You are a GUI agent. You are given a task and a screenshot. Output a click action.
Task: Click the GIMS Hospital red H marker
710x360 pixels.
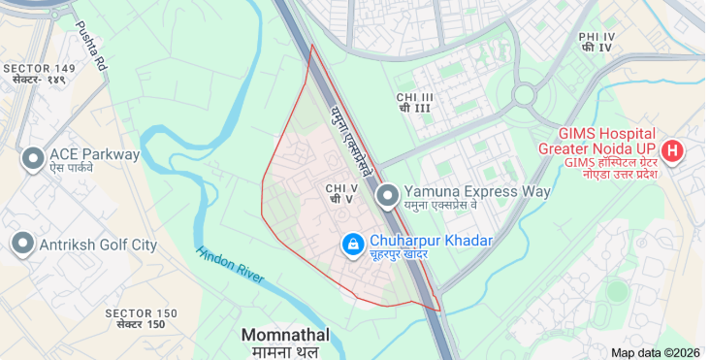point(671,151)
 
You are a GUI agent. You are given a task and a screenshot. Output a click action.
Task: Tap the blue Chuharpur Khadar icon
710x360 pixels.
point(353,243)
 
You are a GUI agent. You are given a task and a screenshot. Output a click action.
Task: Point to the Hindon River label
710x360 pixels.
point(230,265)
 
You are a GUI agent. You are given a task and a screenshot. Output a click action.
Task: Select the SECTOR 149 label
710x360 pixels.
point(39,68)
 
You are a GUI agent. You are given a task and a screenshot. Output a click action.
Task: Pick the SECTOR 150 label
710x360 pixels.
point(142,313)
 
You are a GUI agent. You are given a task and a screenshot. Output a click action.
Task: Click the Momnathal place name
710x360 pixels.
point(285,335)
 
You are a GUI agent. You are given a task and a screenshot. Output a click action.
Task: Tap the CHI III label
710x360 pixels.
point(415,98)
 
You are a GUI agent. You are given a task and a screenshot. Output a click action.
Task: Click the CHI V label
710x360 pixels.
point(341,188)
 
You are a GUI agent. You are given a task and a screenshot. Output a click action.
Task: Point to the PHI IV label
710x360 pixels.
point(597,37)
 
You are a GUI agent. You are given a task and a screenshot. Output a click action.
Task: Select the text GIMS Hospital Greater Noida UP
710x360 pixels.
point(606,141)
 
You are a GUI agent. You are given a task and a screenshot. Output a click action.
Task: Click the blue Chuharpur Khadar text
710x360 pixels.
point(431,241)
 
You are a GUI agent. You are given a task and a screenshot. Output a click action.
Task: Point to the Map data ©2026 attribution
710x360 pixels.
point(656,352)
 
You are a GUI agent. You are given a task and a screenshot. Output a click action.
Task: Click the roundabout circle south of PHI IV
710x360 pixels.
point(524,95)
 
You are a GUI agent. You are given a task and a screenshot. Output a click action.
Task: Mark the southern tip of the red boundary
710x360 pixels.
point(439,311)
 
